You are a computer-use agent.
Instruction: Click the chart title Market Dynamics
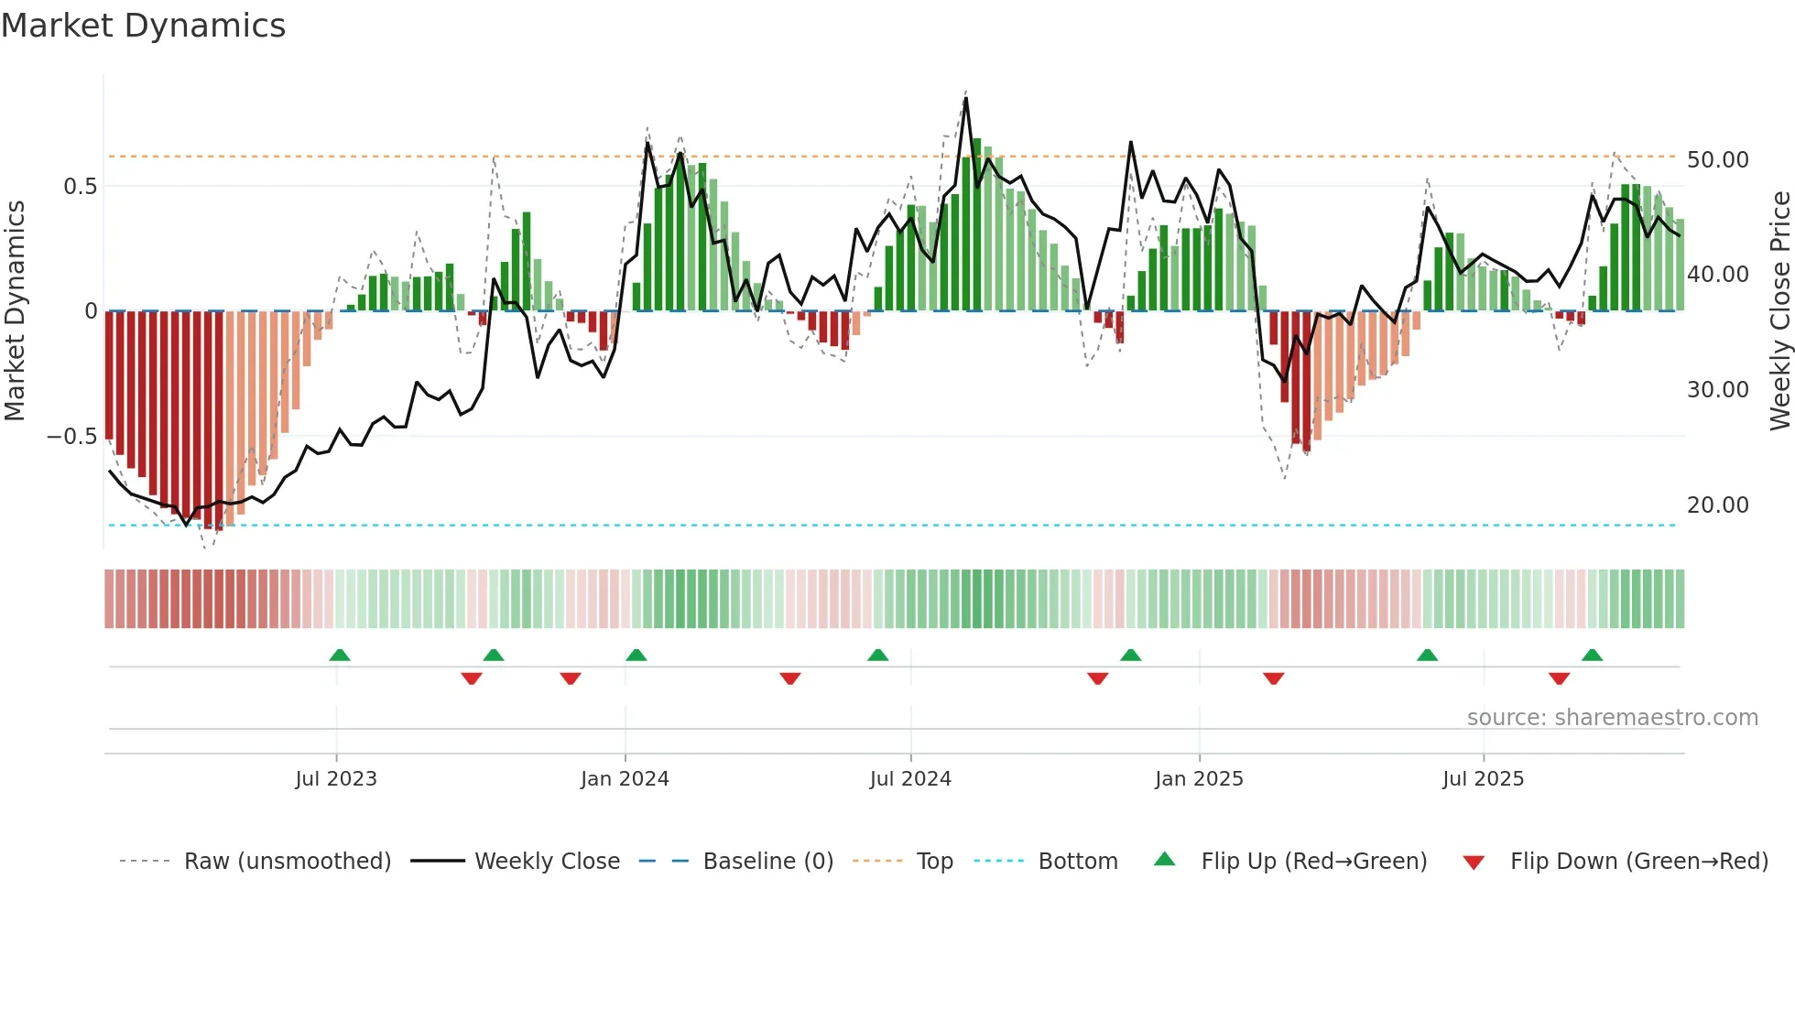[143, 26]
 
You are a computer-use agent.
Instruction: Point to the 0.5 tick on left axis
[80, 187]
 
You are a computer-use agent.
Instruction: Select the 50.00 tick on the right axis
[1718, 160]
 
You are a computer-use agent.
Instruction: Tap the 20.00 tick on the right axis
[1718, 505]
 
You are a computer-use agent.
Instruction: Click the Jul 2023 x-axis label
[336, 779]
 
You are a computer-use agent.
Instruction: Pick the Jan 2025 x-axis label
[1199, 779]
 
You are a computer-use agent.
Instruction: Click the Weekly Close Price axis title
[1779, 311]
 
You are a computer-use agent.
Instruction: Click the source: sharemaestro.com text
[1612, 718]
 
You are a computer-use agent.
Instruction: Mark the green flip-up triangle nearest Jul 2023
[340, 656]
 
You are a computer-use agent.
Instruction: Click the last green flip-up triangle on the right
[1592, 656]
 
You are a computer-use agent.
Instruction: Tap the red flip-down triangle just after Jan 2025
[1273, 678]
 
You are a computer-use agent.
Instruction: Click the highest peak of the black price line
[966, 98]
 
